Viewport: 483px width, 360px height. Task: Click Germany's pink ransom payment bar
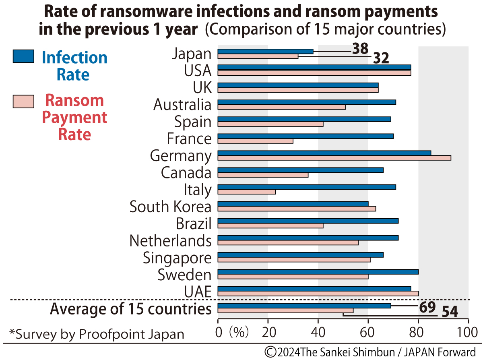(x=334, y=158)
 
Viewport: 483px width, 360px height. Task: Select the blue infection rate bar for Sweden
(x=318, y=271)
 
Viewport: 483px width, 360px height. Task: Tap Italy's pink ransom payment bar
(x=246, y=192)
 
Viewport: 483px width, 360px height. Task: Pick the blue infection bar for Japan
(x=265, y=51)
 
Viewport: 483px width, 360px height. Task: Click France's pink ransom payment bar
(x=255, y=141)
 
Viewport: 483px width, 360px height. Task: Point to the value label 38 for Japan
(x=360, y=49)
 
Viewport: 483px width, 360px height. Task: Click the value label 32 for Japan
(x=381, y=59)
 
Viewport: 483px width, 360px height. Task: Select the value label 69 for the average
(x=427, y=307)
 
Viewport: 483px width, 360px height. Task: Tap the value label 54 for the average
(x=450, y=312)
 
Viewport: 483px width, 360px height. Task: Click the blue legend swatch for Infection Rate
(x=23, y=56)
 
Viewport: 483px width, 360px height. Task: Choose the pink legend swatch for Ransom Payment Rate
(x=23, y=102)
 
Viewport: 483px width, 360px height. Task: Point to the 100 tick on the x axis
(x=468, y=333)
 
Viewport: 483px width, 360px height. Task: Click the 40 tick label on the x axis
(x=318, y=333)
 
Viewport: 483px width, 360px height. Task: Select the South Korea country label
(x=170, y=207)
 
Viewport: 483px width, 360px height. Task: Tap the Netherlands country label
(x=170, y=241)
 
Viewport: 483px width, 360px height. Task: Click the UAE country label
(x=198, y=292)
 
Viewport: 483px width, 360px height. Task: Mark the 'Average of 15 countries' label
(x=130, y=309)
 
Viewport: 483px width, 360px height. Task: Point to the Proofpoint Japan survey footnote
(x=97, y=334)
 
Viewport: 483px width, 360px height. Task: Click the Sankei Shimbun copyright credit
(x=370, y=351)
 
